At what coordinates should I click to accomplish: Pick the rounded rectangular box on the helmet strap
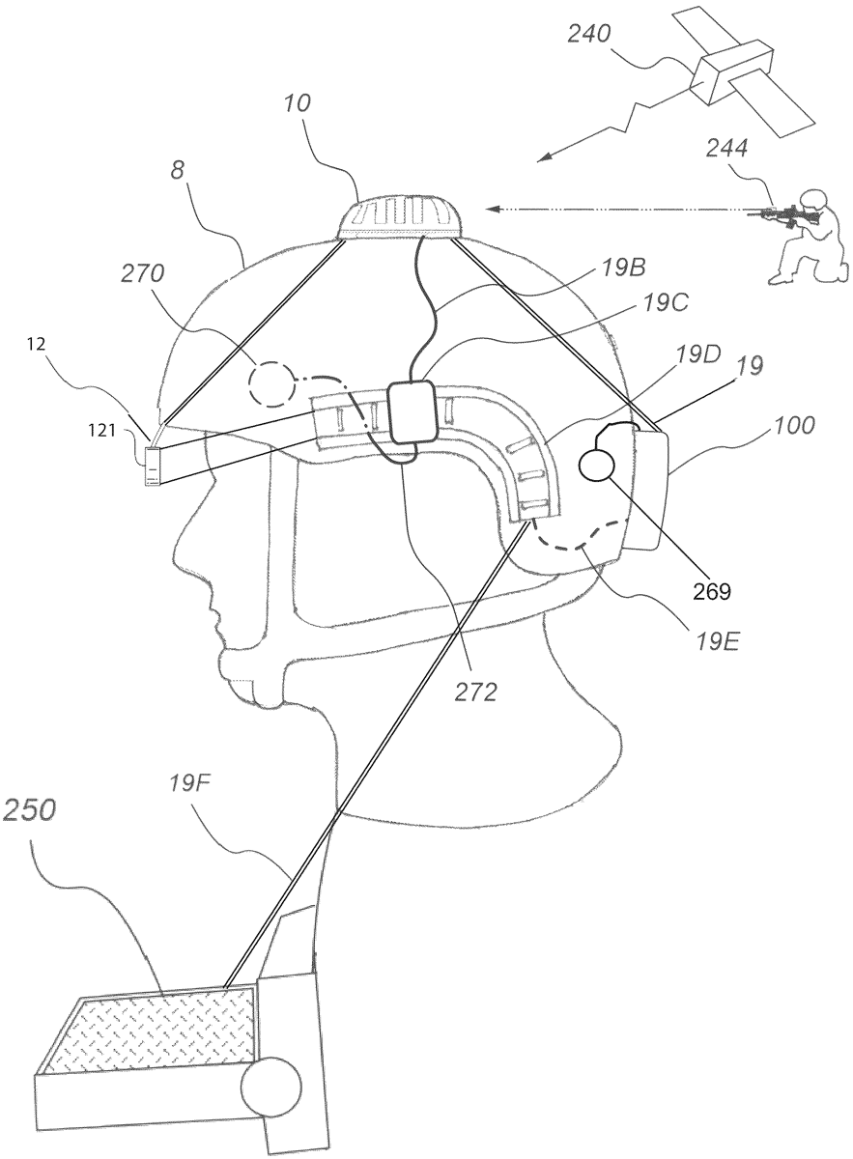413,412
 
